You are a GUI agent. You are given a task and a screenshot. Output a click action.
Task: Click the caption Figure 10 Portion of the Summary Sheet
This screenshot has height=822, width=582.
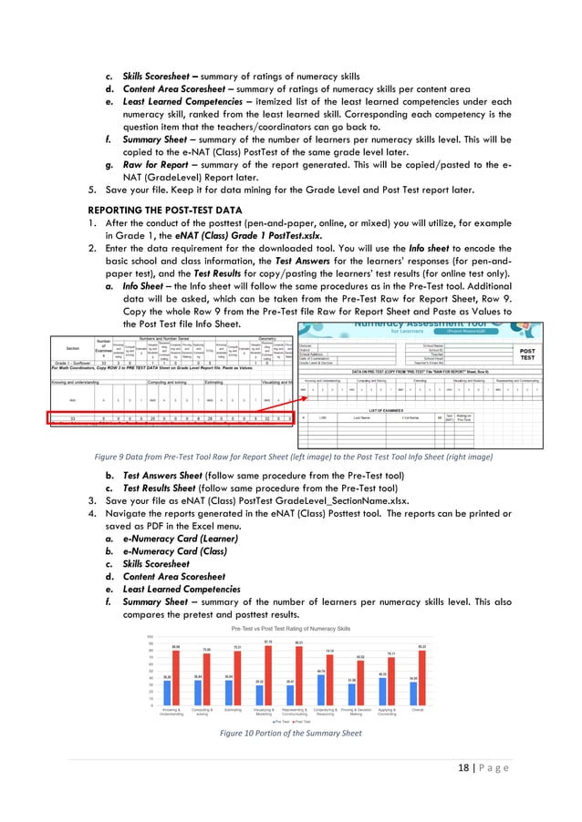291,733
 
